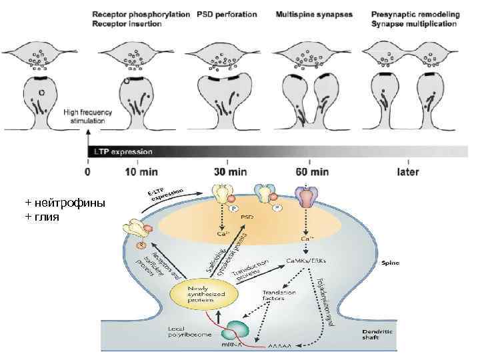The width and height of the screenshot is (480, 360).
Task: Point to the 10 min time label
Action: pos(141,171)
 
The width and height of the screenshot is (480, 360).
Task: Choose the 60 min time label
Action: pos(311,171)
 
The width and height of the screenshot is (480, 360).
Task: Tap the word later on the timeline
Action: pos(408,171)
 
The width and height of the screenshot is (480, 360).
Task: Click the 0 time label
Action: pos(89,171)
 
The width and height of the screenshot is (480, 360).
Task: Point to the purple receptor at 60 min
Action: pos(305,197)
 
